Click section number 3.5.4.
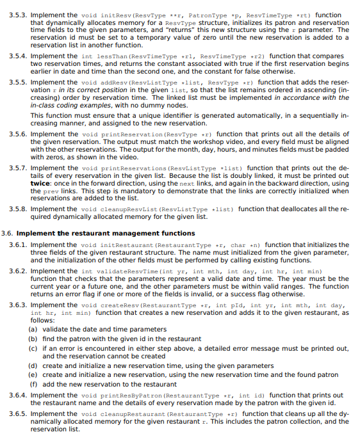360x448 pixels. pos(17,56)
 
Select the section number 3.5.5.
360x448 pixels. pos(17,83)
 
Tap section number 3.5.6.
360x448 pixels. pos(17,134)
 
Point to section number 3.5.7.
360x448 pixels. pos(17,168)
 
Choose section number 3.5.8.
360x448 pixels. pos(17,209)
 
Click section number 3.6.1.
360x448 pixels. pos(17,245)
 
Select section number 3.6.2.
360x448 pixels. pos(17,271)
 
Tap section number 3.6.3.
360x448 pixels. pos(17,305)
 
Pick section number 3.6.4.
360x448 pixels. pos(17,396)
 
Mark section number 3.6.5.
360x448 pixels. pos(17,414)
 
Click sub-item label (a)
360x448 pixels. pos(33,329)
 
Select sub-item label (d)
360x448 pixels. pos(33,365)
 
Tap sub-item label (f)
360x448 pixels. pos(33,384)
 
